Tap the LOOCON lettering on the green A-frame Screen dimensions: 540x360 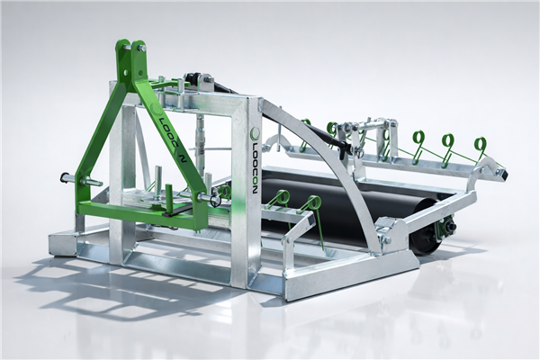(x=171, y=137)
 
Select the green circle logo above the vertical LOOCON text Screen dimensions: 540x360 (x=256, y=132)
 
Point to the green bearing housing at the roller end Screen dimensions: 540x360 (x=445, y=228)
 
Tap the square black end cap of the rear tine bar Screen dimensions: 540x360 (x=503, y=174)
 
